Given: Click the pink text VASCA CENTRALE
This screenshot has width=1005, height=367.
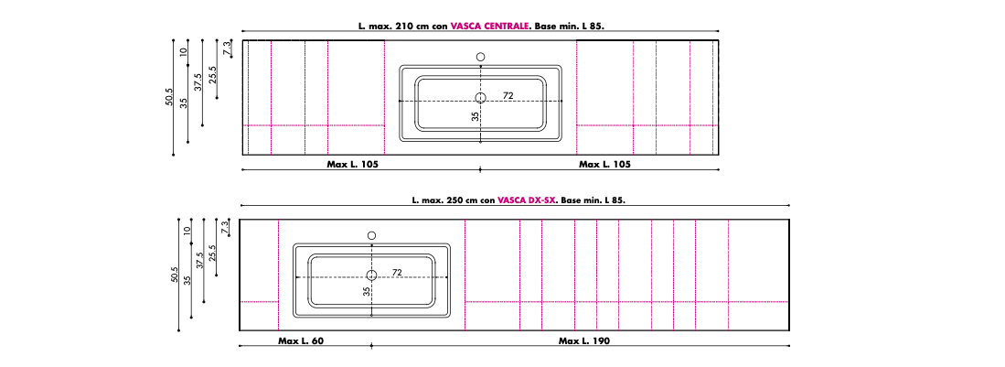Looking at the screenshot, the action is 489,27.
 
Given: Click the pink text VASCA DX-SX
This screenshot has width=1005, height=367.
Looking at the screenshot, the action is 528,200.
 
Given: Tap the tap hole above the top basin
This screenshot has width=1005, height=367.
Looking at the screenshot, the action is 481,57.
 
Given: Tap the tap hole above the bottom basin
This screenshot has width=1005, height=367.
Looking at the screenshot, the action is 372,235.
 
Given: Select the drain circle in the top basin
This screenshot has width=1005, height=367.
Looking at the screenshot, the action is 481,98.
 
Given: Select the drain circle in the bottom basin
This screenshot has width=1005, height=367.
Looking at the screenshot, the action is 372,275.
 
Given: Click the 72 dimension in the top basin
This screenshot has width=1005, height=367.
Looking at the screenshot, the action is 508,95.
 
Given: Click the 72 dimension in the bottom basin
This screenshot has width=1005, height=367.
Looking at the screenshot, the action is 398,273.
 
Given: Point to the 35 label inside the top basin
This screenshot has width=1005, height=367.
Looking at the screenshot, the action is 475,117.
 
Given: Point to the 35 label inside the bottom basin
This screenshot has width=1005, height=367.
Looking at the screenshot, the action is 366,291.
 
